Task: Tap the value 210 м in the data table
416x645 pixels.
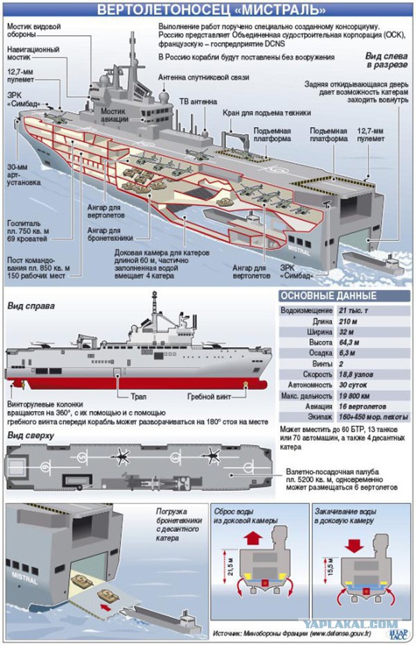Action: (x=351, y=322)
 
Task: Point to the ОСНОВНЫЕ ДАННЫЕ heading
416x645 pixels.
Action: (x=322, y=296)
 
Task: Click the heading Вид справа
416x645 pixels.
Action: (x=31, y=305)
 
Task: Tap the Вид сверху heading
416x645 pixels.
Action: (x=31, y=435)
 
